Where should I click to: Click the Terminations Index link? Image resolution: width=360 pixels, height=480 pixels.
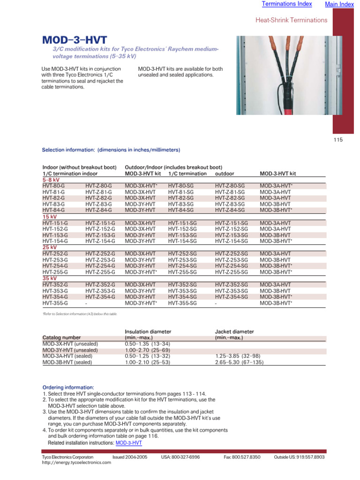click(x=286, y=4)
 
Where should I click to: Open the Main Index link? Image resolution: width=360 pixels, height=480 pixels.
click(x=339, y=4)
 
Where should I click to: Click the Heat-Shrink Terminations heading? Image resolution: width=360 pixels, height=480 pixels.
click(x=291, y=20)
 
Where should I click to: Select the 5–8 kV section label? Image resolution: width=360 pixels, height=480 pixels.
click(x=51, y=180)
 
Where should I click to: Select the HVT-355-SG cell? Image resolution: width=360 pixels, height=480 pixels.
click(x=182, y=303)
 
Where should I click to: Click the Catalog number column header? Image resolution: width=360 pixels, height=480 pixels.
click(x=61, y=337)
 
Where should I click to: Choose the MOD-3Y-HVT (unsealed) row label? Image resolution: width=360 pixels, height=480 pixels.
click(x=70, y=350)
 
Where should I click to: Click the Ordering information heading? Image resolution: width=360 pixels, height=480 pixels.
click(x=68, y=388)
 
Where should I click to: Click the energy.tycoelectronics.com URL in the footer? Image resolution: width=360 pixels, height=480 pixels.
click(x=76, y=463)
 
